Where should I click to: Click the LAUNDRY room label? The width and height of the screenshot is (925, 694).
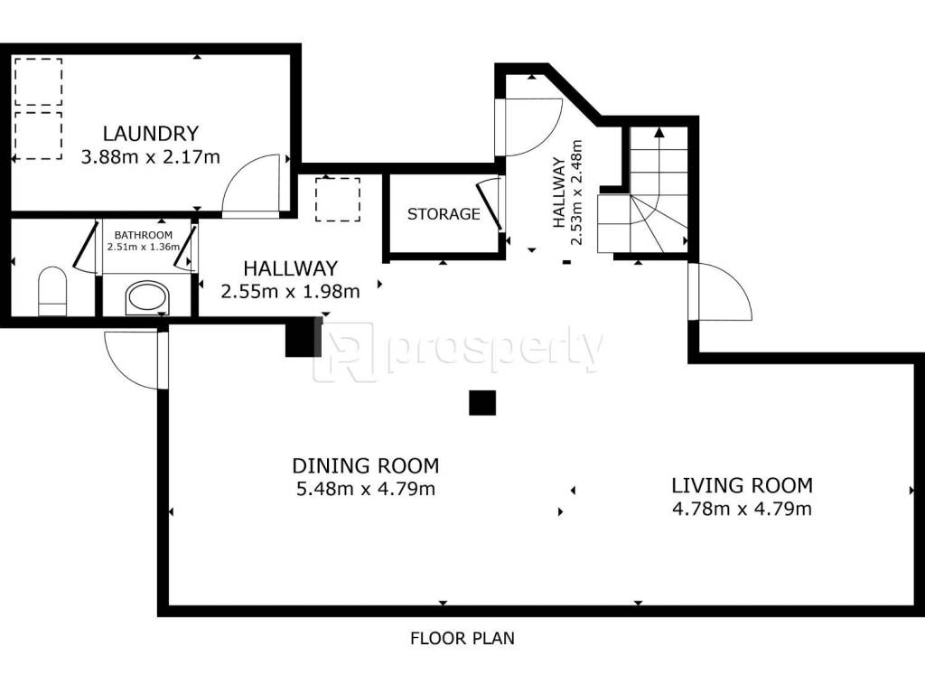[151, 134]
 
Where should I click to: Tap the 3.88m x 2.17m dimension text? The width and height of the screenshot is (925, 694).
[151, 157]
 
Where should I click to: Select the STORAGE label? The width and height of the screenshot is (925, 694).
[444, 213]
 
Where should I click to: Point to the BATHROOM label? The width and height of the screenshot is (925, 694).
[144, 235]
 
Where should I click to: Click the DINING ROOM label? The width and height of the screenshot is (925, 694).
[366, 465]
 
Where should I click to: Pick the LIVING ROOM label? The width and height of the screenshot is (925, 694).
[743, 485]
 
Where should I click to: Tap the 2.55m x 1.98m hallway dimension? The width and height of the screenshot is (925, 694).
[290, 291]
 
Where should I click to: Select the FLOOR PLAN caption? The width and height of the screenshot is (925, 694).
[462, 638]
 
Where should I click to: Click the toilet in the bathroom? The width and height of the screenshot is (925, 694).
[52, 291]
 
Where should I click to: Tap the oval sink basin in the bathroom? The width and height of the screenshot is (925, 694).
[147, 297]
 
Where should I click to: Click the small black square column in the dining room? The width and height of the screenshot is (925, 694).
[482, 403]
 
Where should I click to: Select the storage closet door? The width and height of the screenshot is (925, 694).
[490, 204]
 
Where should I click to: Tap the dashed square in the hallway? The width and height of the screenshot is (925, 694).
[338, 200]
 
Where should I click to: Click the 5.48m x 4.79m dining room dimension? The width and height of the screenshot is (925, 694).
[366, 489]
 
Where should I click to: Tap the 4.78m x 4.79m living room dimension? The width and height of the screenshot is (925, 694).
[743, 509]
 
